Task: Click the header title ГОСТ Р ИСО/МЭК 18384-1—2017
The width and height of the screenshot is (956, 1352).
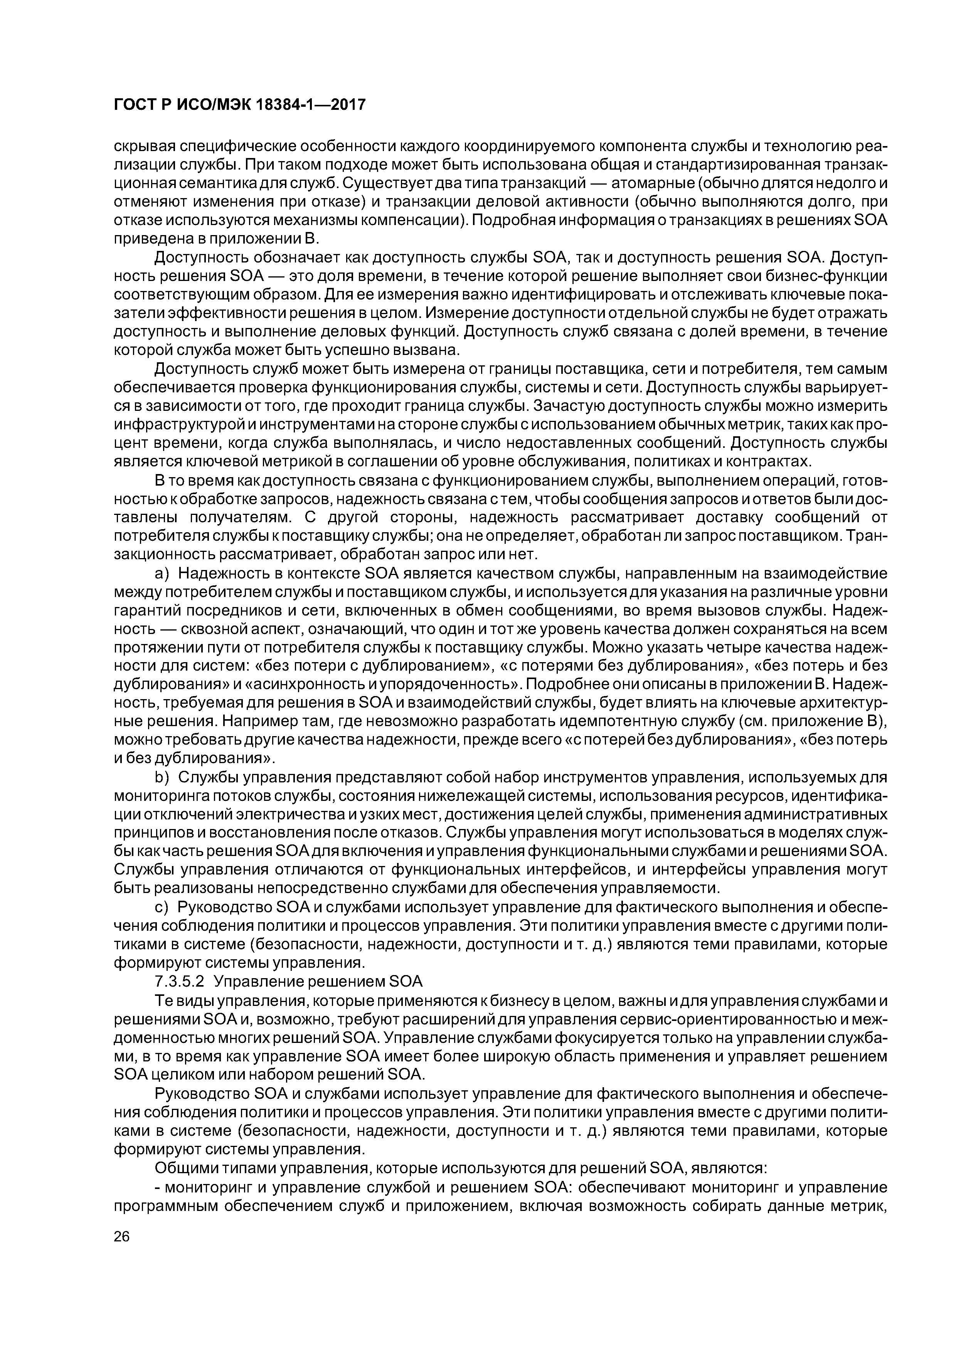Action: [239, 105]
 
